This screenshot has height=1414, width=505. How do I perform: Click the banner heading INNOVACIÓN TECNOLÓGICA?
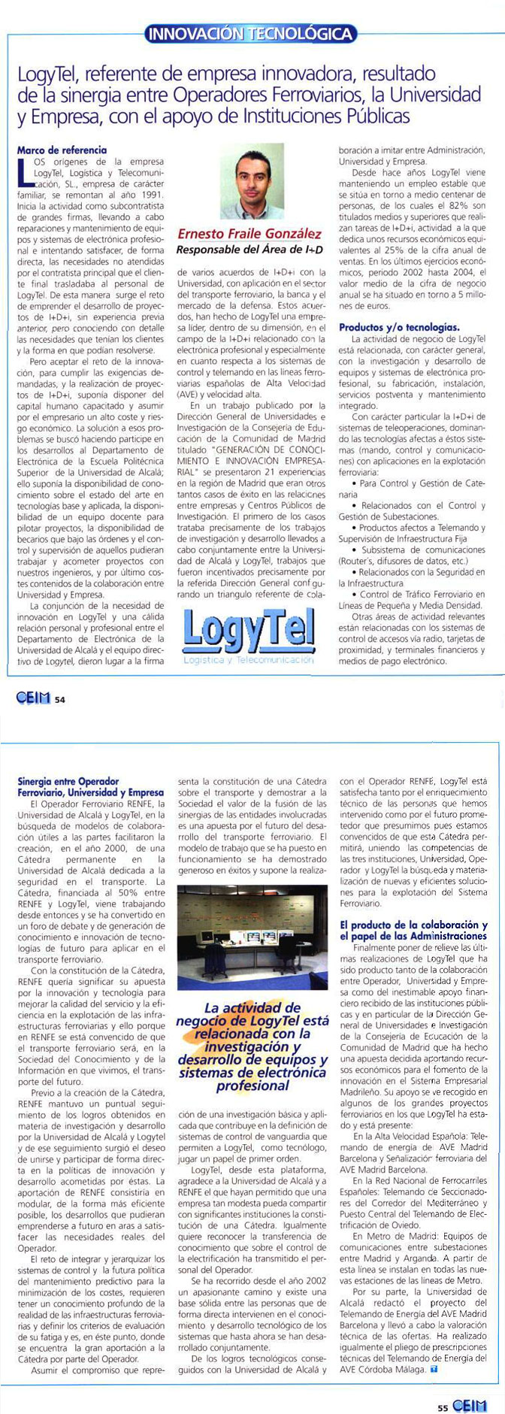tap(249, 33)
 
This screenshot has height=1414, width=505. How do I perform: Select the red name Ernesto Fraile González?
tap(249, 235)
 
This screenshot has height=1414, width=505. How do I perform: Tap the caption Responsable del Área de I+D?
tap(249, 249)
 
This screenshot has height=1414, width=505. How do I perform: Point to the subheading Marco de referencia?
tap(62, 150)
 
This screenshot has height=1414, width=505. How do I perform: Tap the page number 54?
tap(60, 700)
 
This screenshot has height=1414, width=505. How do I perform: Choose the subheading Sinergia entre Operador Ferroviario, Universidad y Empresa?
tap(89, 787)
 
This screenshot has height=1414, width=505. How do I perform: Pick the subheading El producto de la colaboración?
tap(413, 930)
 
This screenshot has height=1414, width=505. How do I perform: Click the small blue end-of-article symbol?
tap(434, 1370)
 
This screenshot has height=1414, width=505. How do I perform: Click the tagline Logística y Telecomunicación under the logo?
tap(248, 660)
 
